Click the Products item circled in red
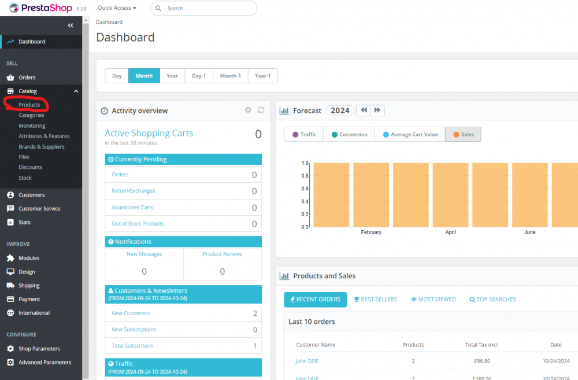[29, 105]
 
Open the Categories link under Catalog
[31, 115]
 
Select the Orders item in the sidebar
[27, 78]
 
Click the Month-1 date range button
[230, 76]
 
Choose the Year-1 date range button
[262, 76]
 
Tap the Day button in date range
[117, 76]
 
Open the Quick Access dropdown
[117, 8]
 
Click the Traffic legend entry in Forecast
[304, 134]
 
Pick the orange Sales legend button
[462, 134]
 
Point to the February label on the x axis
[371, 232]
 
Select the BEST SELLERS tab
[375, 299]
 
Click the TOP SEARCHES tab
[492, 299]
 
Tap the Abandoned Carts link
[132, 207]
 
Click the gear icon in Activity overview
[248, 110]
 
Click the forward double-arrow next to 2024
[377, 110]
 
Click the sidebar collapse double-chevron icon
[71, 25]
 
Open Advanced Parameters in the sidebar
[45, 362]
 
